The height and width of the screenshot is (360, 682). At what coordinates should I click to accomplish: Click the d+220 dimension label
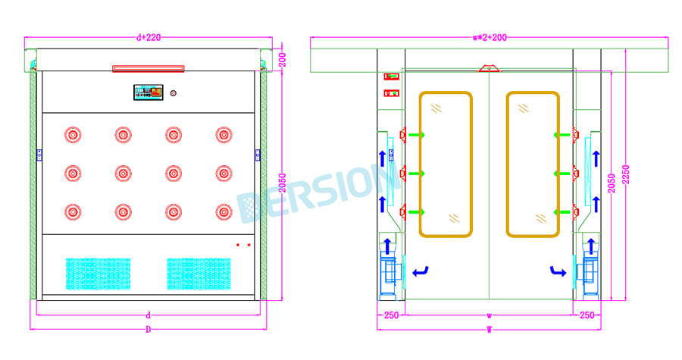click(149, 37)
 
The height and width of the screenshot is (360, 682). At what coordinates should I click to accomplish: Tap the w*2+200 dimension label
click(490, 37)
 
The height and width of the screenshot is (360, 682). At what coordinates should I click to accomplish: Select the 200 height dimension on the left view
click(283, 60)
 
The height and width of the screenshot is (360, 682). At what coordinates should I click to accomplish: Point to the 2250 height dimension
click(626, 175)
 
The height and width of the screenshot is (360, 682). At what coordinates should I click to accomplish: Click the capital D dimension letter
click(149, 330)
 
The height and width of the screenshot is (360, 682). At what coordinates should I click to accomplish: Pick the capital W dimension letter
click(490, 330)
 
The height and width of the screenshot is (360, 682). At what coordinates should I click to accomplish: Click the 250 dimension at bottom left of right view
click(391, 315)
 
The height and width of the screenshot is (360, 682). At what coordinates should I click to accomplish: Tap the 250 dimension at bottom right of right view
click(587, 315)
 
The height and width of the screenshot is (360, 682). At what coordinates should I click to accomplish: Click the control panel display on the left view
click(149, 92)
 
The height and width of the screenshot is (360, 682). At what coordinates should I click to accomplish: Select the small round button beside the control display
click(173, 93)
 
